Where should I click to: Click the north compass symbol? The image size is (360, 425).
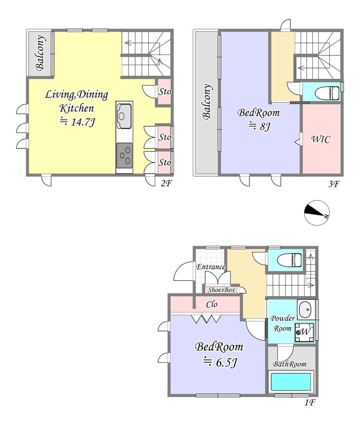(x=317, y=213)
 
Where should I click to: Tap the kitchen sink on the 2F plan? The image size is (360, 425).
(x=124, y=116)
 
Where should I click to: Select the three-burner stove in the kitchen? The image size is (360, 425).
(x=125, y=156)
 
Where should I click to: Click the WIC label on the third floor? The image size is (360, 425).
(x=321, y=139)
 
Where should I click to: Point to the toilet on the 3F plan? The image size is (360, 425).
(x=327, y=92)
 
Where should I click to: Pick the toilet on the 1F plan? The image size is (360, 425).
(x=289, y=260)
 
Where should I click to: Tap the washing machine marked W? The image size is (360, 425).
(x=305, y=332)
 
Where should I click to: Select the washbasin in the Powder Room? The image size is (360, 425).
(x=306, y=310)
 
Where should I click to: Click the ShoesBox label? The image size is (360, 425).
(x=221, y=290)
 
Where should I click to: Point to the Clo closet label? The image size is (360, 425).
(x=212, y=304)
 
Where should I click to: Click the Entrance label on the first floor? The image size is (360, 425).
(x=211, y=267)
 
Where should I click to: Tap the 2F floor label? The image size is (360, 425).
(x=166, y=184)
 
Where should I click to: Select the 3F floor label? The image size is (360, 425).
(x=334, y=184)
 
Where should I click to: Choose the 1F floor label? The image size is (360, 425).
(x=309, y=402)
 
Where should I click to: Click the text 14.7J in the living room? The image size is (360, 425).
(x=83, y=122)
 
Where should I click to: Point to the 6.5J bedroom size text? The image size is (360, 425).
(x=227, y=362)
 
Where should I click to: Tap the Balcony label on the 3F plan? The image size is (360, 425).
(x=207, y=102)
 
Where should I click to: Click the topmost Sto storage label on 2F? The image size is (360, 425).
(x=165, y=92)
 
